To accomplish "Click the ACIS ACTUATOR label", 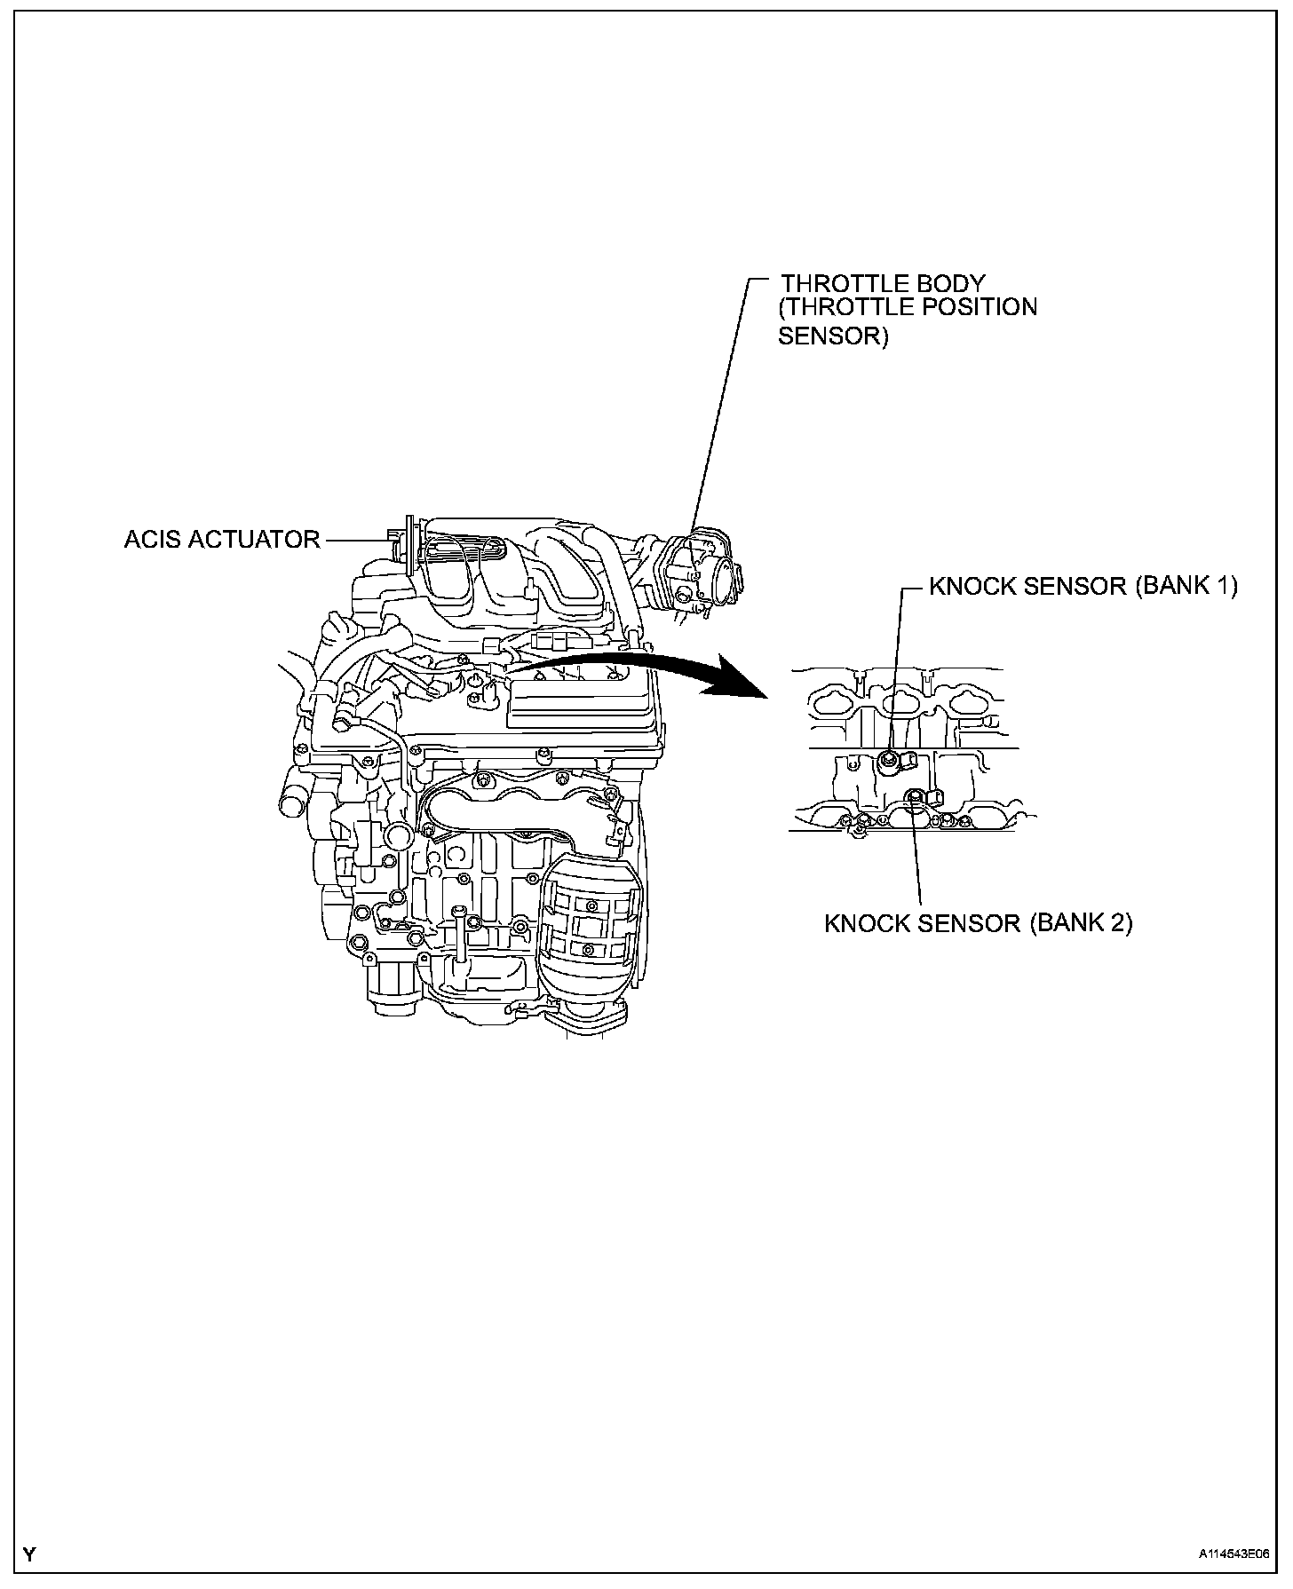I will point(222,540).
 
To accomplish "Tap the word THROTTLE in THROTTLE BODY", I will point(837,284).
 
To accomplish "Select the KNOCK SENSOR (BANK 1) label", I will point(1083,587).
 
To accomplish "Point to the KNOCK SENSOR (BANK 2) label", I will point(978,923).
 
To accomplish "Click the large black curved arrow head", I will point(742,682).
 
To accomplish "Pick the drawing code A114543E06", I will point(1233,1554).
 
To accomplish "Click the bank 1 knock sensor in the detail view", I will point(890,759).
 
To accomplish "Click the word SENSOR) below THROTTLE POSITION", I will point(832,337).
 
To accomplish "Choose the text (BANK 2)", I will point(1081,923).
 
